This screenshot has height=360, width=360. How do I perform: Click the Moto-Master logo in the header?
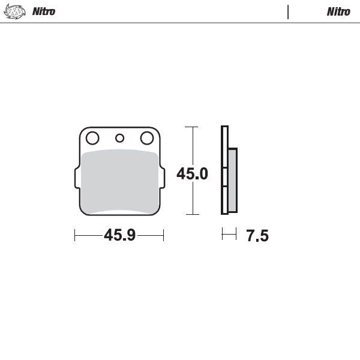[x=16, y=11]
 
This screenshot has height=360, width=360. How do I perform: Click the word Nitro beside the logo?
[x=44, y=11]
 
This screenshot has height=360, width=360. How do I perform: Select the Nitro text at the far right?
[x=338, y=11]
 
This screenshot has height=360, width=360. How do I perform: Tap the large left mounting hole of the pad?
[x=92, y=139]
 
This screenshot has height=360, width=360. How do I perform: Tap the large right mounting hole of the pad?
[x=146, y=139]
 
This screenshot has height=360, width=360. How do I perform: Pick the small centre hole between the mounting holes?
[x=119, y=139]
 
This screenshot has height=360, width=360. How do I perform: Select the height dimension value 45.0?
[x=192, y=174]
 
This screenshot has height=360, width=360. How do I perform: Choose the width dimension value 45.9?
[x=119, y=235]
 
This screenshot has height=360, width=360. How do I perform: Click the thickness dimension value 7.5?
[x=257, y=236]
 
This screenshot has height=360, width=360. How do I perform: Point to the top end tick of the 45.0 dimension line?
[x=191, y=127]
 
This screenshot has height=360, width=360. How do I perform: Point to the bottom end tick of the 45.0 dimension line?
[x=191, y=214]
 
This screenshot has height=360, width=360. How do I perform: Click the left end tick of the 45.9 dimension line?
[x=74, y=235]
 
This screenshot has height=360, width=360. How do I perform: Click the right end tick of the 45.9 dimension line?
[x=163, y=235]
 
